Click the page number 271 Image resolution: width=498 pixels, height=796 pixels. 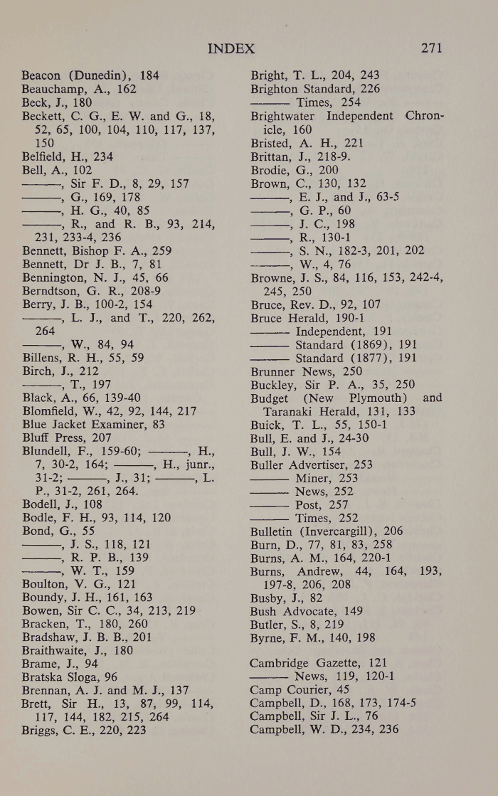pyautogui.click(x=432, y=48)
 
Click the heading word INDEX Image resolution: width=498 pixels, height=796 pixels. pyautogui.click(x=231, y=48)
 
